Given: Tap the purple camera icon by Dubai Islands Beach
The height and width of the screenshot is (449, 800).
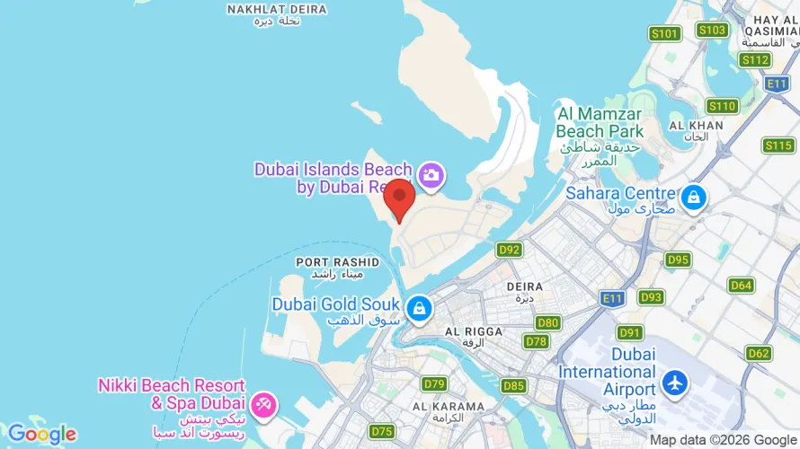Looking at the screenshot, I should coord(431,176).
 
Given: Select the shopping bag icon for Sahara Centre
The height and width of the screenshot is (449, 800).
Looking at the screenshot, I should coord(692,198).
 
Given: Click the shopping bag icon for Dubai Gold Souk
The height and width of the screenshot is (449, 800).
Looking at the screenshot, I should coord(418,310).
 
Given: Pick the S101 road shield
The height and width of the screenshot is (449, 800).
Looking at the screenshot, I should coord(664,34).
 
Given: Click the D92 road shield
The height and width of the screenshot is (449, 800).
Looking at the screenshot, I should coord(510,250).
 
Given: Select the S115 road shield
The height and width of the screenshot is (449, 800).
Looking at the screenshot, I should coord(778,145).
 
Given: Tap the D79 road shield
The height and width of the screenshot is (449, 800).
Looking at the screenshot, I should coord(434,384).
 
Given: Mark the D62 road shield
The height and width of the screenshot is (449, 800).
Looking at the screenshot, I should coord(759,353).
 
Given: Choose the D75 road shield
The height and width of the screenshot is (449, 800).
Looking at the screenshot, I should coord(382,432).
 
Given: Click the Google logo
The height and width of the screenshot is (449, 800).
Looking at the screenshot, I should coord(42,435).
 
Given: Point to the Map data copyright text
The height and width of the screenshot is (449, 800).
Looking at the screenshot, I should coord(724,440).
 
